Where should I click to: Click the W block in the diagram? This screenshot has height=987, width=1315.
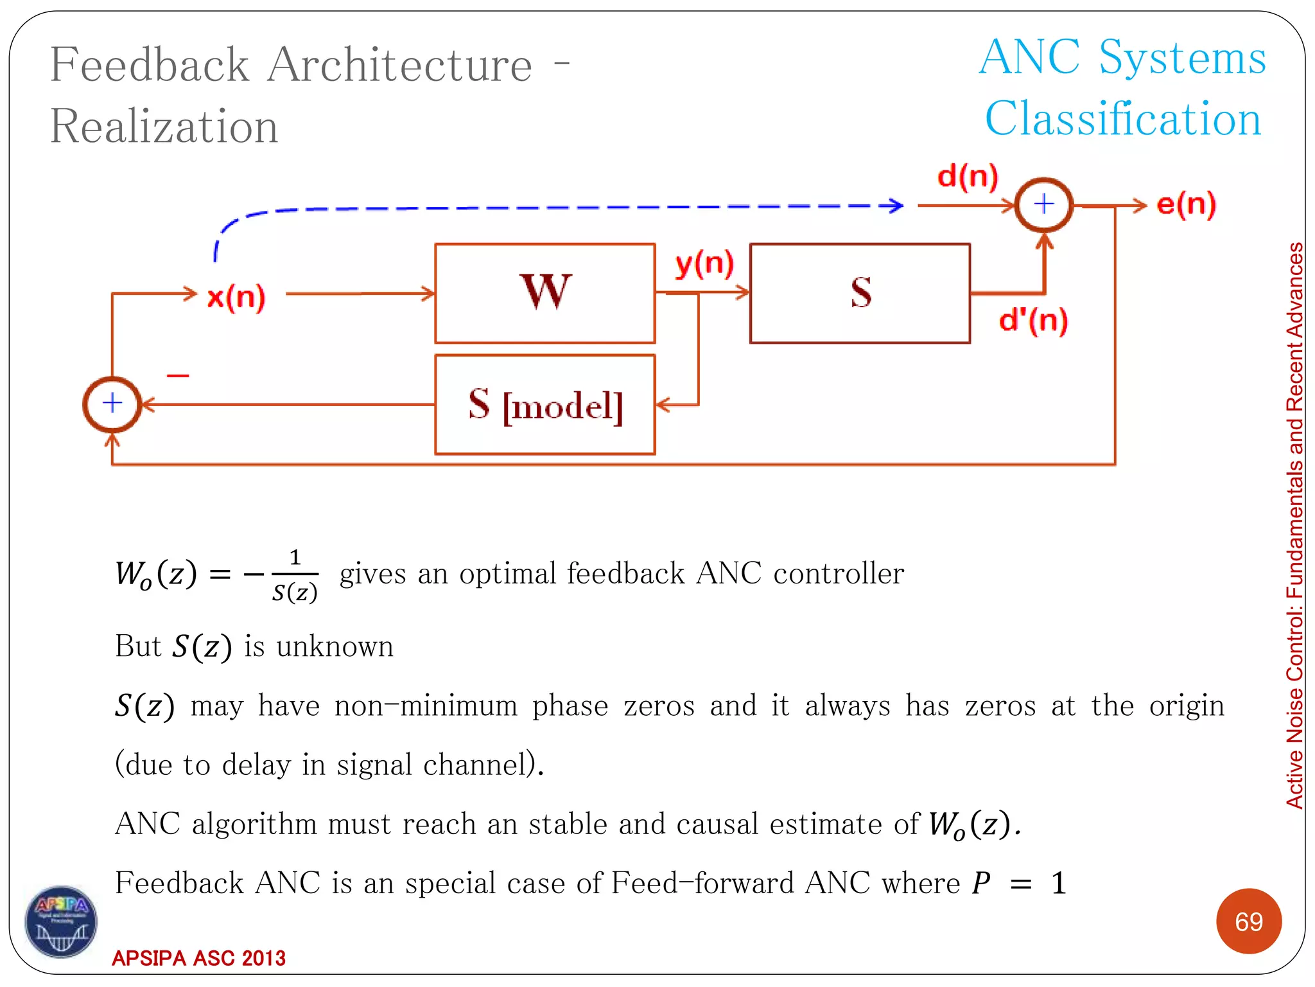(544, 293)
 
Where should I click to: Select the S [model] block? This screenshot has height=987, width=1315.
(544, 405)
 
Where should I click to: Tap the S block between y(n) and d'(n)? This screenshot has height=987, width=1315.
(860, 293)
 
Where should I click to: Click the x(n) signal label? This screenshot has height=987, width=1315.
(236, 297)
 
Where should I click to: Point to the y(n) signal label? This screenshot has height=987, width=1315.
(704, 263)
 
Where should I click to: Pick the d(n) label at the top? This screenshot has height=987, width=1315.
(968, 175)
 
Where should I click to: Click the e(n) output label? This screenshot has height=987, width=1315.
(1186, 204)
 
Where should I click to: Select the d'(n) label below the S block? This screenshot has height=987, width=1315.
(1033, 319)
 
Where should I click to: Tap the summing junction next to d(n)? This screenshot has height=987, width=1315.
(1044, 204)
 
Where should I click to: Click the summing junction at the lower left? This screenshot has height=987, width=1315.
(112, 404)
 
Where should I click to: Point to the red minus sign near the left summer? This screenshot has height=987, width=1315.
(178, 375)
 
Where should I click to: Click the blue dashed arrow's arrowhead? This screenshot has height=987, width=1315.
(894, 206)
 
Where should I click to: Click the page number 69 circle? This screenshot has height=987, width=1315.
(1248, 921)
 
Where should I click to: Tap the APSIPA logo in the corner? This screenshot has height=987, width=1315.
(61, 921)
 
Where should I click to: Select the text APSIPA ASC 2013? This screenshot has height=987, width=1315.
(198, 958)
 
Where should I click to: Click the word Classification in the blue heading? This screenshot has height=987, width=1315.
(1124, 120)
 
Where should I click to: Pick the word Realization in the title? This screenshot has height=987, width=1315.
(164, 126)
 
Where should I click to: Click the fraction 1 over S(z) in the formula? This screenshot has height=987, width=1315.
(295, 575)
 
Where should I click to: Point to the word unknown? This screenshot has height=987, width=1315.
(335, 646)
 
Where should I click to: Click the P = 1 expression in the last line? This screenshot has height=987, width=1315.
(1019, 884)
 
